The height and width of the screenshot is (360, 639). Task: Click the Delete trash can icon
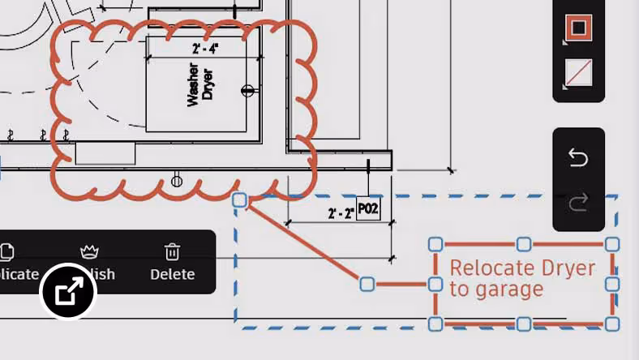point(172,251)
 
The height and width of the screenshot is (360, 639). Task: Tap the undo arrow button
point(578,157)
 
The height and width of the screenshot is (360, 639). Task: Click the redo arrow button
point(578,203)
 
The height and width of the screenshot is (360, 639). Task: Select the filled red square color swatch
point(578,28)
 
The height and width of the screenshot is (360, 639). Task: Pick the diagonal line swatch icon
point(578,74)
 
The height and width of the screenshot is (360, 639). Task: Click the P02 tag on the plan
point(368,209)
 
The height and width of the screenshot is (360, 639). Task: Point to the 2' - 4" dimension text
point(205,49)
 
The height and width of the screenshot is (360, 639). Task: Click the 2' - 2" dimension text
point(341,214)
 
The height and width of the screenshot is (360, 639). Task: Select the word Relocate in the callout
point(485,268)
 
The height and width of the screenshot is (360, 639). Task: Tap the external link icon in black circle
point(68,291)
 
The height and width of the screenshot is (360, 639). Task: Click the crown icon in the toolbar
point(89,251)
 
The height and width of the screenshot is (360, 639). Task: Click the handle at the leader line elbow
point(367,284)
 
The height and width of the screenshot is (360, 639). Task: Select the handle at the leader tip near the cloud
point(239,199)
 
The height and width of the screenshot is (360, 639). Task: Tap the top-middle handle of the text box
point(524,243)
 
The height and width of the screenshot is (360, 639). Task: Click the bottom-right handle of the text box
point(612,324)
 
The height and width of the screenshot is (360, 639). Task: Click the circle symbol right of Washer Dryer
point(249,90)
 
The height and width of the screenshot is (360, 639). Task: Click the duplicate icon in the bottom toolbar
point(6,252)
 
